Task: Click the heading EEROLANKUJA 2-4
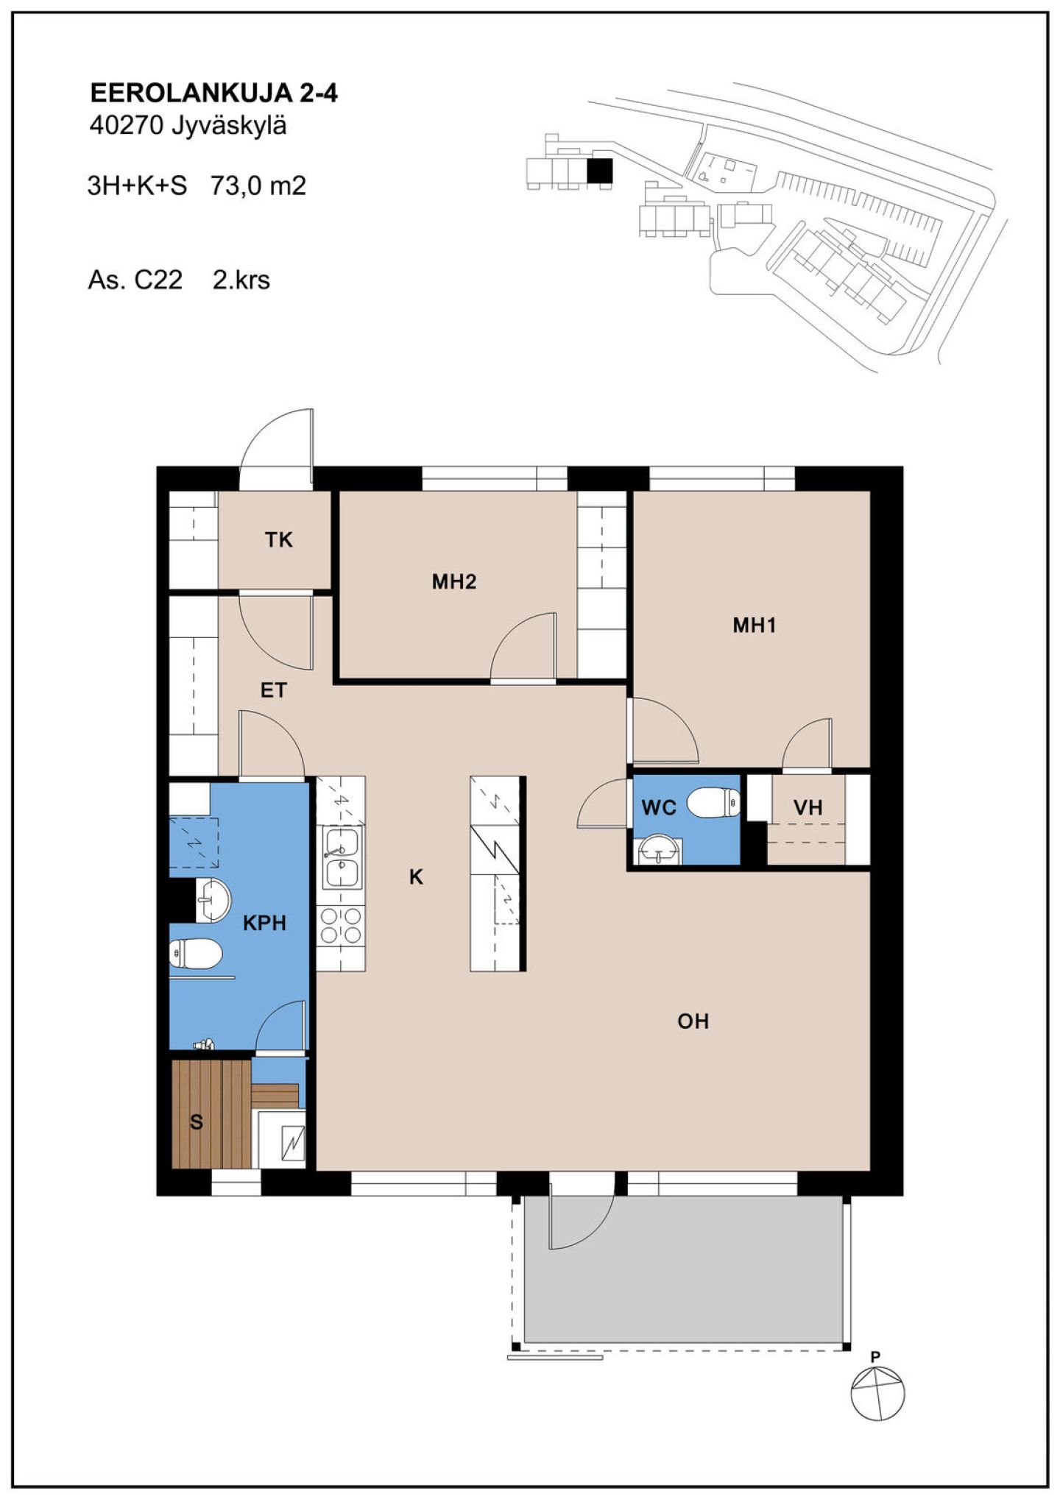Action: (213, 93)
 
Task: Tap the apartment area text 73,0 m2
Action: (258, 186)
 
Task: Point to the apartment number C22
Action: (158, 280)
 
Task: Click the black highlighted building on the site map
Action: (599, 171)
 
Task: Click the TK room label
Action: (279, 540)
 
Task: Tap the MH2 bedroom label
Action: (454, 582)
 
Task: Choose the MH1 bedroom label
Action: (755, 626)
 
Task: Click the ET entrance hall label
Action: (274, 690)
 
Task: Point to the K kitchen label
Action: (417, 877)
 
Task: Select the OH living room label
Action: (693, 1021)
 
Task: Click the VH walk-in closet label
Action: (808, 808)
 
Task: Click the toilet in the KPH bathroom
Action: (196, 954)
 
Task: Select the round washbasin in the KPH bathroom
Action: (213, 900)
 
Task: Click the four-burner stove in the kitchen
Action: (342, 926)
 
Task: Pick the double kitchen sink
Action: (342, 857)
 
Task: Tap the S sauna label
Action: (197, 1122)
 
